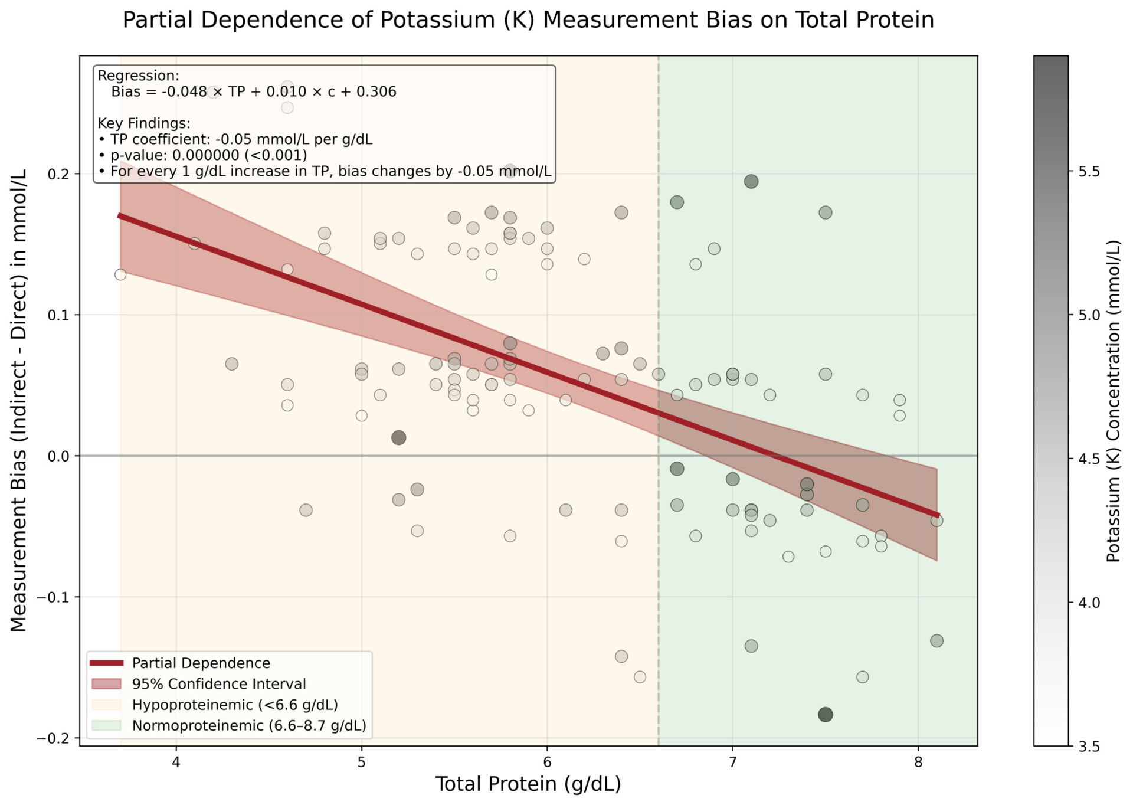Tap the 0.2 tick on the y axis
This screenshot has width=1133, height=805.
pyautogui.click(x=57, y=174)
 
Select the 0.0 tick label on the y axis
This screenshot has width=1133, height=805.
pyautogui.click(x=57, y=456)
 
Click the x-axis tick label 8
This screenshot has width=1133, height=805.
pyautogui.click(x=918, y=762)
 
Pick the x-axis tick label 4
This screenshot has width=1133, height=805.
pyautogui.click(x=176, y=762)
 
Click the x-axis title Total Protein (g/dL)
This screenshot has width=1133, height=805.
pyautogui.click(x=528, y=784)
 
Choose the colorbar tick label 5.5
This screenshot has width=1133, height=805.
pyautogui.click(x=1089, y=172)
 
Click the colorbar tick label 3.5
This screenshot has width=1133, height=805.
pyautogui.click(x=1089, y=747)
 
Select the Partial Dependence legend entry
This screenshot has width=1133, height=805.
pyautogui.click(x=201, y=663)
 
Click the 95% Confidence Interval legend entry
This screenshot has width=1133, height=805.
pyautogui.click(x=218, y=684)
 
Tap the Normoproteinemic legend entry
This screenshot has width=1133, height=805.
pyautogui.click(x=248, y=725)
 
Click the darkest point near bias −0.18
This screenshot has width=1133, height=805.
pyautogui.click(x=825, y=715)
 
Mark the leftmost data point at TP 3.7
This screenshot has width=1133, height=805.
pyautogui.click(x=120, y=274)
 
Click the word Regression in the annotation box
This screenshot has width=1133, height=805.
pyautogui.click(x=137, y=76)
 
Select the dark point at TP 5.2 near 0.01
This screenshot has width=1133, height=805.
pyautogui.click(x=399, y=438)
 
